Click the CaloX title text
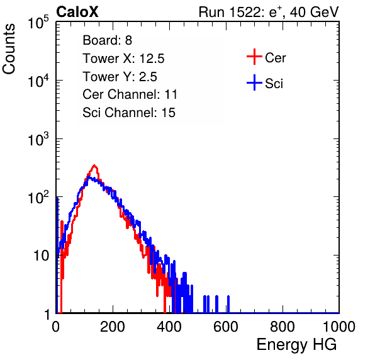pos(77,12)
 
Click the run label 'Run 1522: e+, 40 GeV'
pos(269,12)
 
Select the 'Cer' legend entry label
pos(275,58)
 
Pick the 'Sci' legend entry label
pos(274,84)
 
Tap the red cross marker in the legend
pos(254,57)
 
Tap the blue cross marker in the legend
pos(254,82)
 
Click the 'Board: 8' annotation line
pos(108,40)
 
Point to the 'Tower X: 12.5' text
pos(123,59)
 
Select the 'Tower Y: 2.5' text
pos(120,77)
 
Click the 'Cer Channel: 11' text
pos(130,94)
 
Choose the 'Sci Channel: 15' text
pos(129,113)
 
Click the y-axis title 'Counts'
pos(9,49)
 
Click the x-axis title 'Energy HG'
pos(296,345)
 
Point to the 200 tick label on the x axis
pos(113,327)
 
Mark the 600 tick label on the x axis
pos(226,327)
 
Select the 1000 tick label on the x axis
pos(339,327)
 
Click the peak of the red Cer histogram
pos(94,166)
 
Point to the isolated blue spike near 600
pos(228,304)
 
